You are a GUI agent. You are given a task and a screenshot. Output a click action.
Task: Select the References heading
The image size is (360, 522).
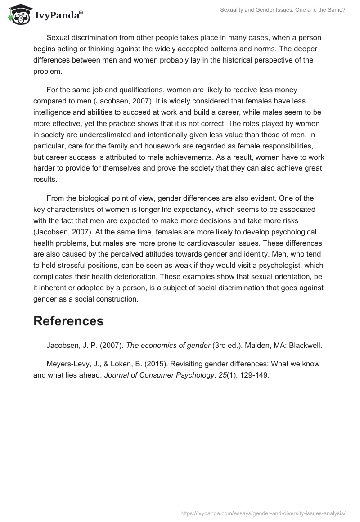[68, 321]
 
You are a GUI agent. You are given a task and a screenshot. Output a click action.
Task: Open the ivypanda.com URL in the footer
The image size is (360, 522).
[263, 513]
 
